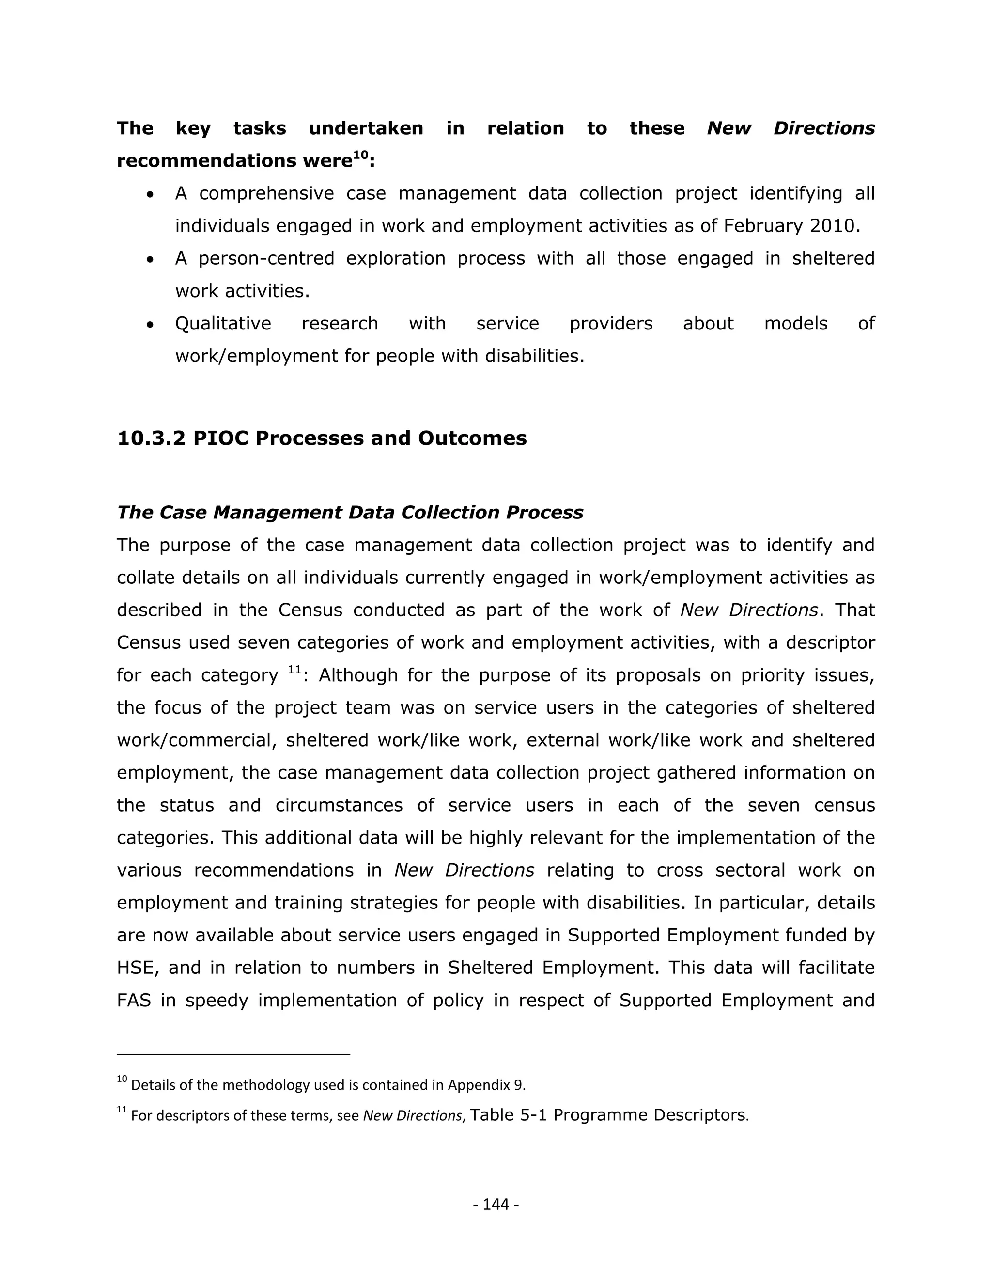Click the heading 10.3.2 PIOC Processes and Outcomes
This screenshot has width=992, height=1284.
point(322,438)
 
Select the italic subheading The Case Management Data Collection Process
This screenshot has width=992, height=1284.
point(350,513)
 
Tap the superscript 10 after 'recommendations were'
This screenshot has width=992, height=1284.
point(361,155)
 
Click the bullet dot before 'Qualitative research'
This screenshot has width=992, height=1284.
point(151,325)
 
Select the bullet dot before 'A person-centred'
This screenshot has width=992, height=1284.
point(151,259)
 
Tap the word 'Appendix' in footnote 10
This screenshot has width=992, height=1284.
point(479,1085)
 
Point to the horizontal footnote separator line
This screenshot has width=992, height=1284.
point(233,1055)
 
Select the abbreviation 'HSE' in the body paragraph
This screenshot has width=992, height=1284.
point(137,968)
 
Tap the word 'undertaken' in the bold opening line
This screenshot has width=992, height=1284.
point(366,128)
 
